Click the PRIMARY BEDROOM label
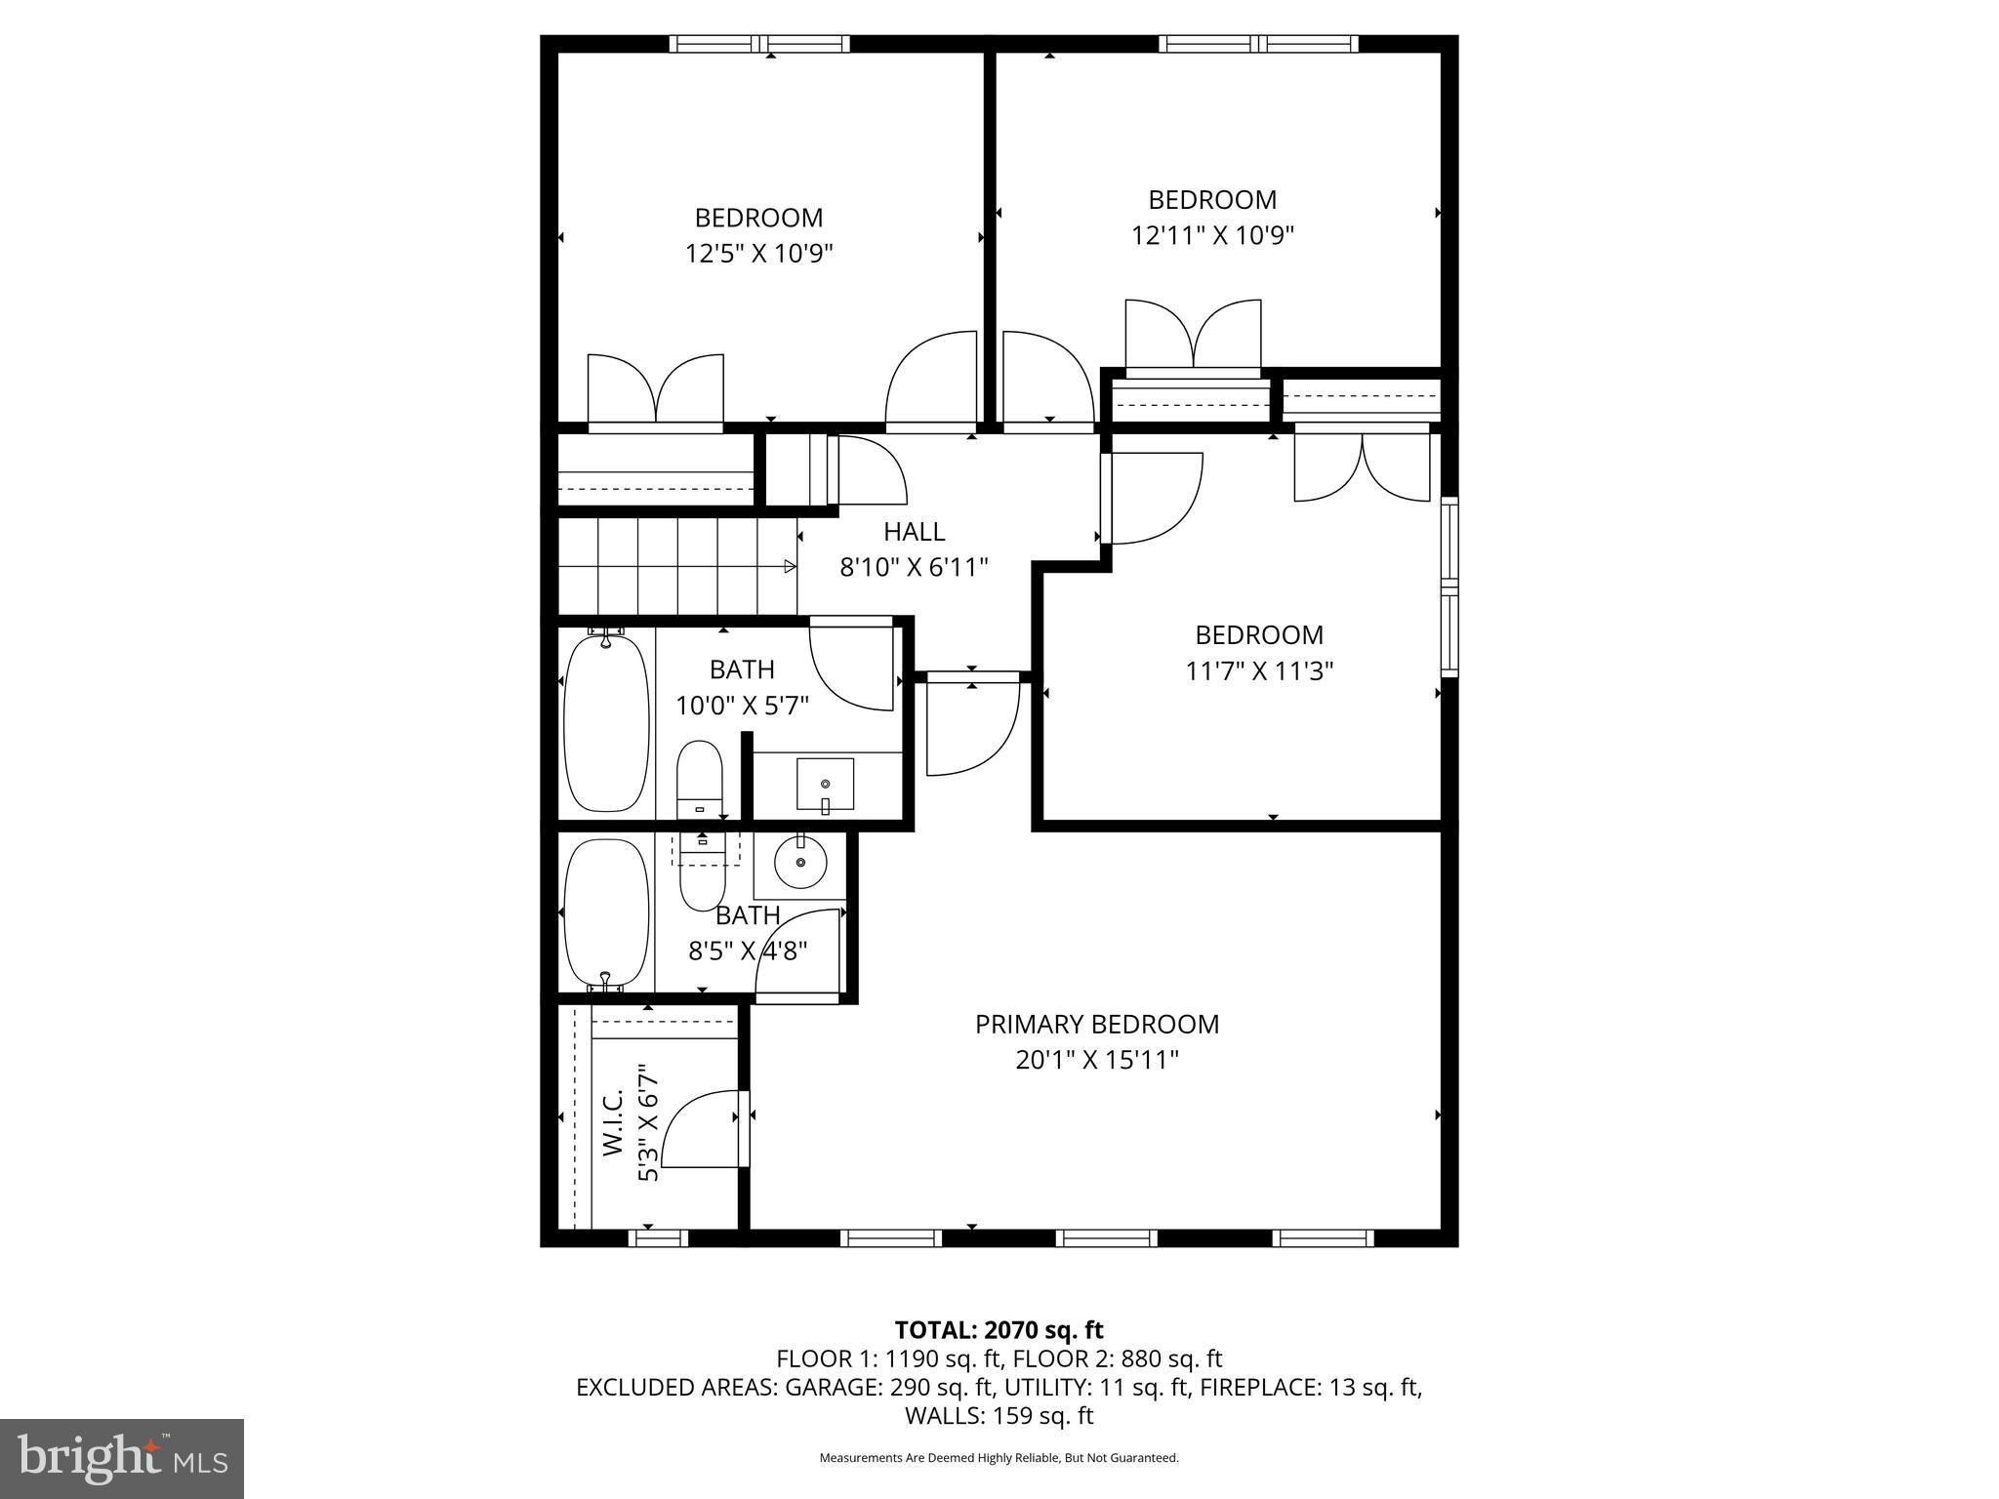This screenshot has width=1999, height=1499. (x=1096, y=1024)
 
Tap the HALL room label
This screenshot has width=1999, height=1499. (x=914, y=532)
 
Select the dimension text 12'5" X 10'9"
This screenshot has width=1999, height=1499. (x=758, y=254)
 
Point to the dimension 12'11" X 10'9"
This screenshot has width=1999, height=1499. (x=1212, y=236)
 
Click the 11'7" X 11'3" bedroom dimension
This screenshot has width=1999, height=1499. (x=1259, y=671)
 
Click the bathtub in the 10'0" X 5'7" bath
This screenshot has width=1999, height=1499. (x=606, y=722)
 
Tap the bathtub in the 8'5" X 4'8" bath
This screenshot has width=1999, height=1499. (x=606, y=913)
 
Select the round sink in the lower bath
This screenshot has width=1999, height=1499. (x=800, y=863)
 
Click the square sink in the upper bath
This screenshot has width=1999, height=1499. (x=826, y=784)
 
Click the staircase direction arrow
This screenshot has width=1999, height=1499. (x=790, y=567)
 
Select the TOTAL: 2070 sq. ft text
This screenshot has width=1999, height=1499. (x=999, y=1330)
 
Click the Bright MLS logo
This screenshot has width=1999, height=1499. (x=122, y=1458)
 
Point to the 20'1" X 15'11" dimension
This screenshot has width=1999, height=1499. (x=1096, y=1060)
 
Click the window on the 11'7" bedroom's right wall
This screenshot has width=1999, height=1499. (x=1449, y=587)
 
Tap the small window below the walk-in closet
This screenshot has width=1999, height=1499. (x=658, y=1238)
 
